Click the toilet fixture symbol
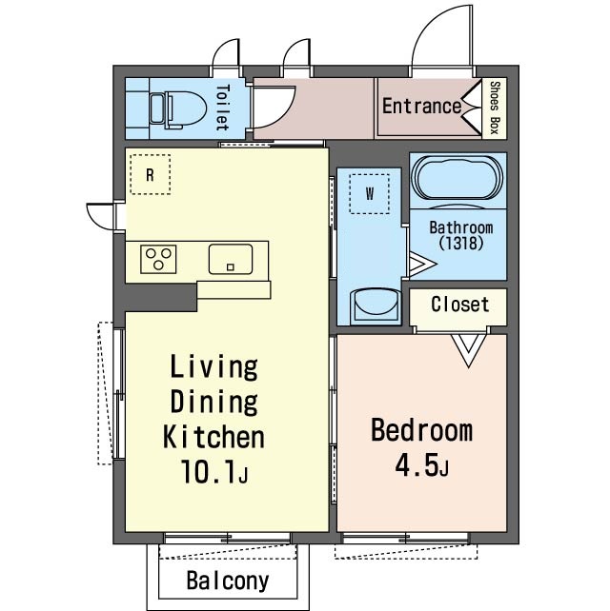point(178,109)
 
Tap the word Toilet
point(222,108)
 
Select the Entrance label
point(421,107)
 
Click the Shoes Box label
point(495,108)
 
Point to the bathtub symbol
point(457,179)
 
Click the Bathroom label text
point(461,227)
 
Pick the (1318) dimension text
point(461,244)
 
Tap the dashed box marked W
point(369,193)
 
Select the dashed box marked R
point(151,174)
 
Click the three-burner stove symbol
point(158,259)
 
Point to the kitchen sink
point(231,259)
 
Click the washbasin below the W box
point(375,306)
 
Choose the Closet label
point(460,305)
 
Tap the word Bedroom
point(421,430)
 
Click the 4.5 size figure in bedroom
point(416,465)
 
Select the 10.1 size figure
point(209,471)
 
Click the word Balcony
point(228,581)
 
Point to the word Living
point(213,367)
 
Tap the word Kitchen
point(213,437)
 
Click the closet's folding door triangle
point(469,349)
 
